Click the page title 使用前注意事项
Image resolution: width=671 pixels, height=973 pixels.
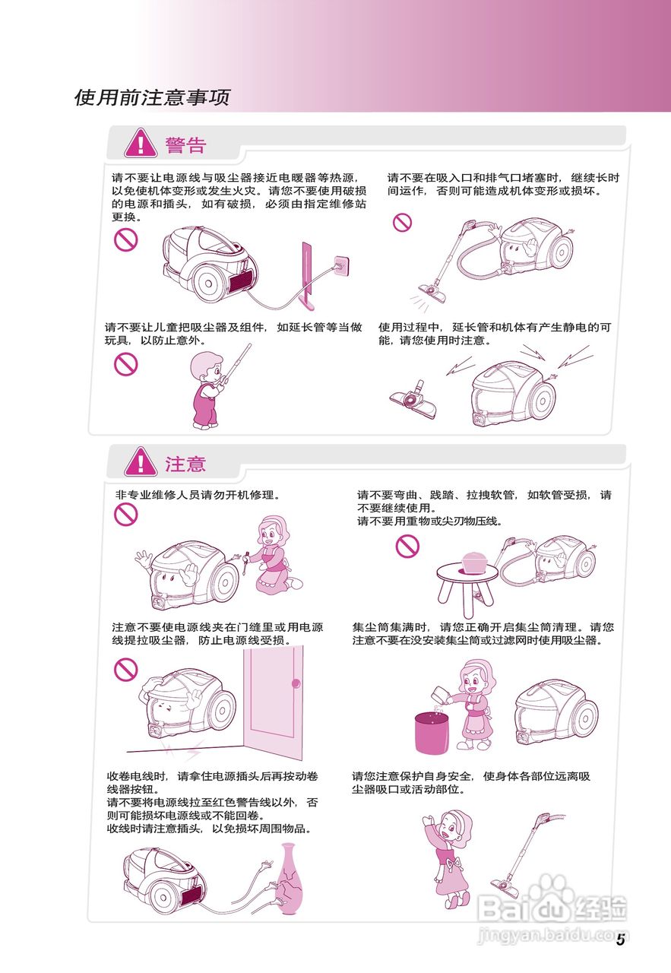152,97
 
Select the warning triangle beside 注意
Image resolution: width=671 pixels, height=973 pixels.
141,461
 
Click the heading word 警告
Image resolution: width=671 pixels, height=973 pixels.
186,144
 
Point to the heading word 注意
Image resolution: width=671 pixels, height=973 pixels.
186,464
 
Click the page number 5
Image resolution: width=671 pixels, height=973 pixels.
620,940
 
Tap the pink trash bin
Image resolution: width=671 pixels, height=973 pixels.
430,731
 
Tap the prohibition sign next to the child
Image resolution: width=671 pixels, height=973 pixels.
125,365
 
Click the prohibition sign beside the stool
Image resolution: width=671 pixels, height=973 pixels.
407,545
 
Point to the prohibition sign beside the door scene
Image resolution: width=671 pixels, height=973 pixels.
125,670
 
